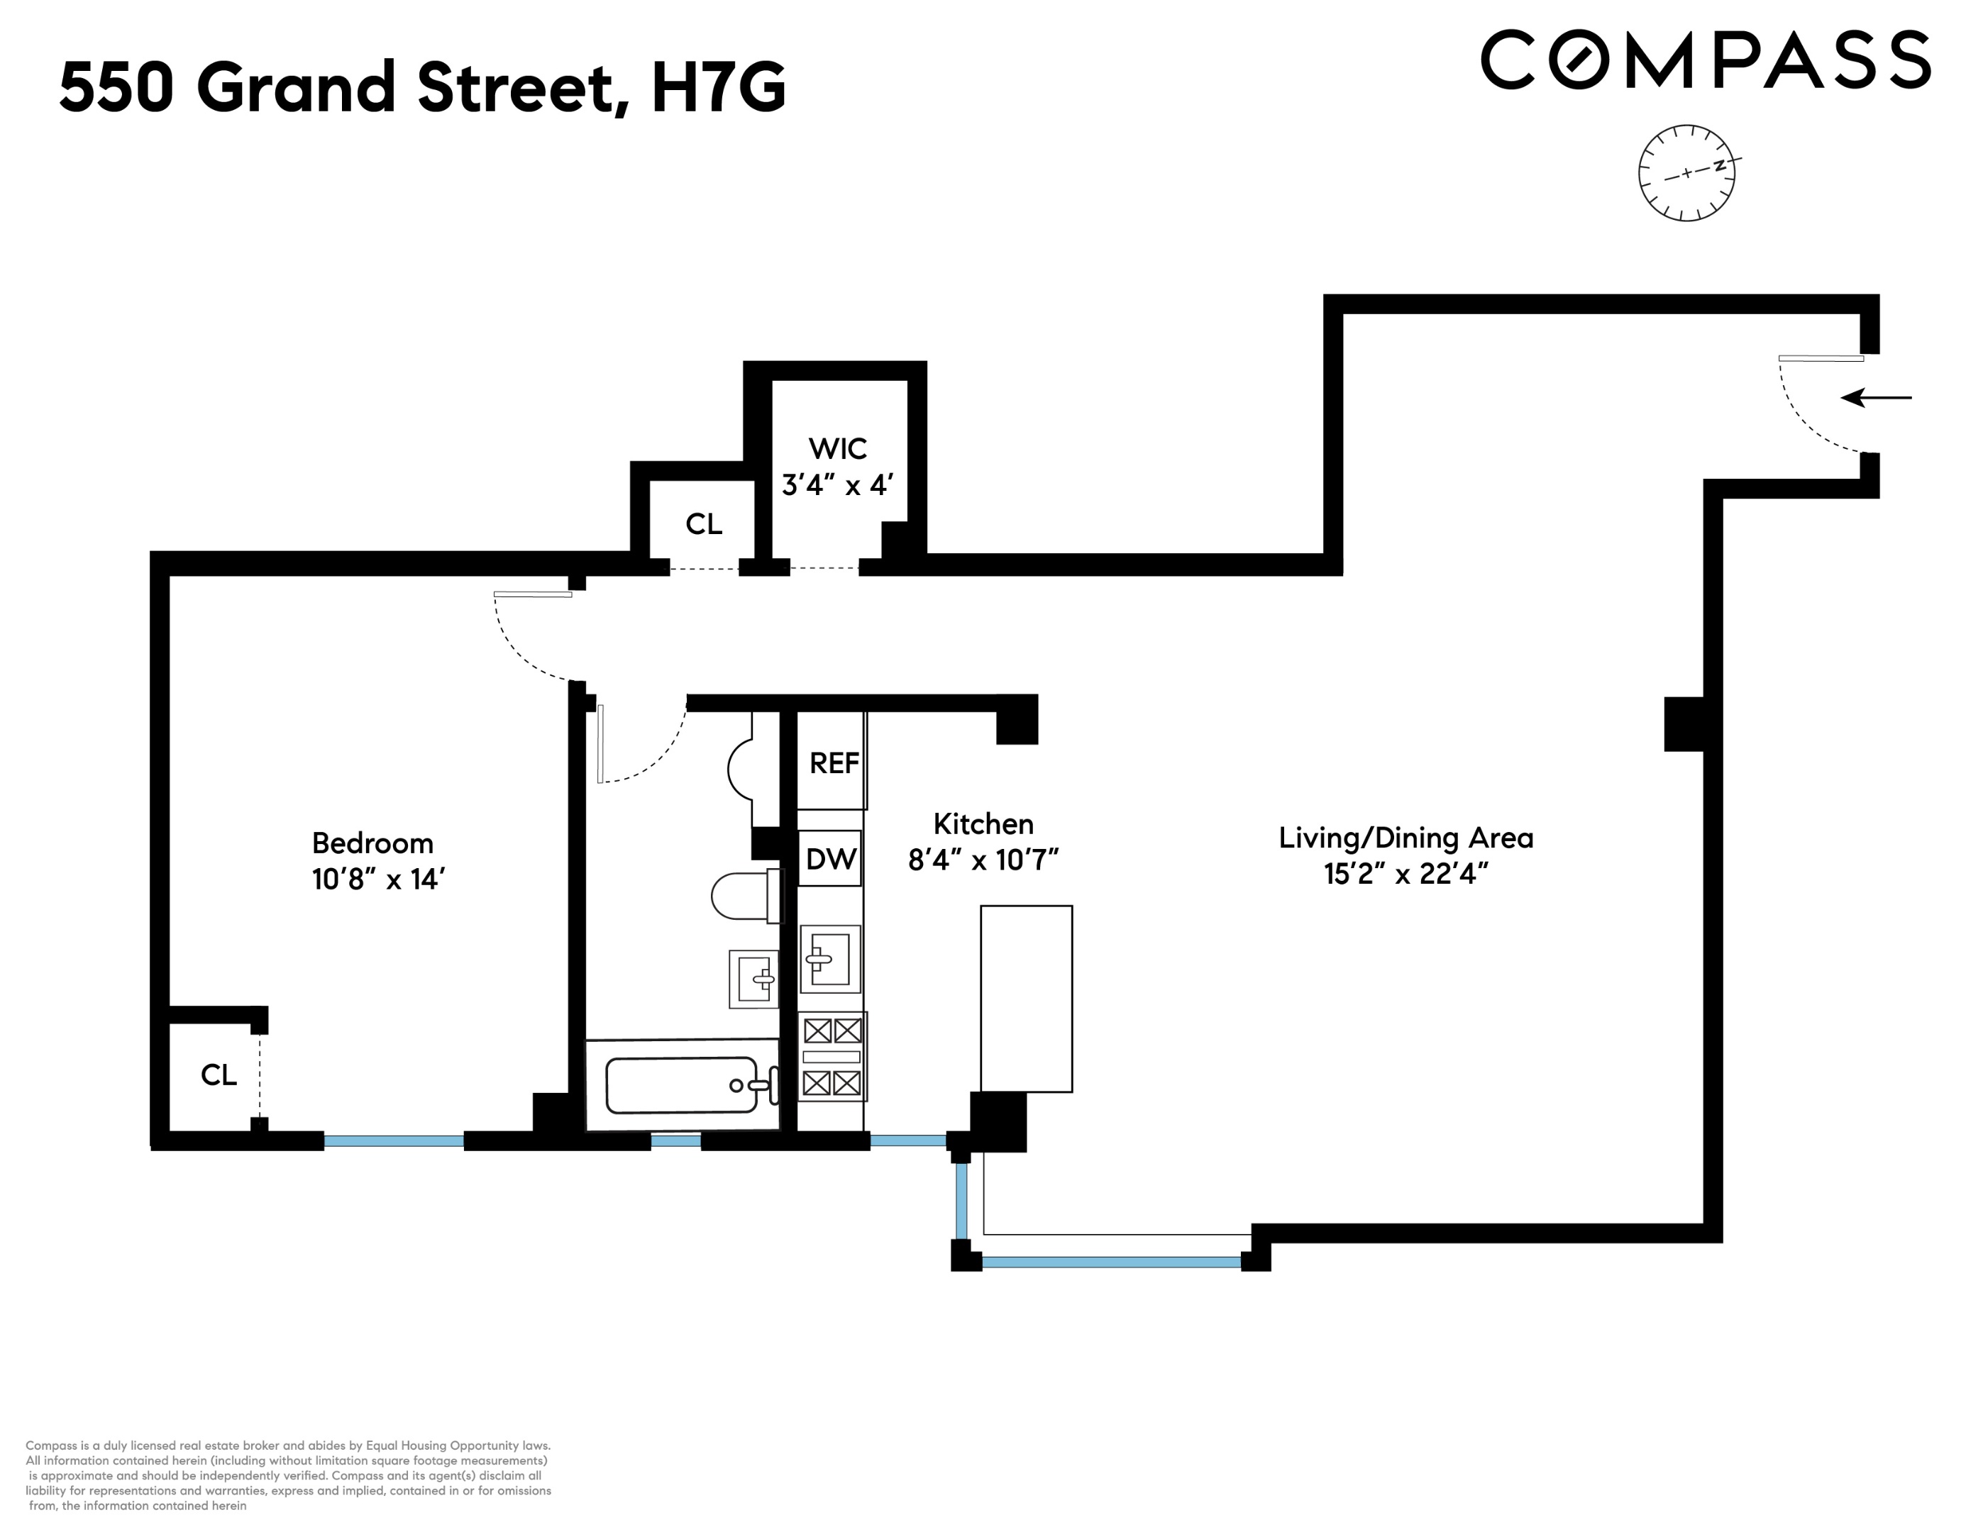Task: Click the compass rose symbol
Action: pyautogui.click(x=1686, y=172)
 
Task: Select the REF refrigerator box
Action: pyautogui.click(x=832, y=762)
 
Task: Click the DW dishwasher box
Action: pyautogui.click(x=830, y=857)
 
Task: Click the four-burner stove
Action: pyautogui.click(x=832, y=1056)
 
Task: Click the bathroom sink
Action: pyautogui.click(x=753, y=978)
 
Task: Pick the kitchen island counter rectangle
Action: pyautogui.click(x=1026, y=999)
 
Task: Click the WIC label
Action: pyautogui.click(x=837, y=448)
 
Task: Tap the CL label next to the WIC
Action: pyautogui.click(x=704, y=523)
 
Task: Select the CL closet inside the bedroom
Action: pyautogui.click(x=218, y=1075)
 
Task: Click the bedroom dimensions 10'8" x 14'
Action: pyautogui.click(x=377, y=879)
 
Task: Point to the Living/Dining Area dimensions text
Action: pyautogui.click(x=1405, y=874)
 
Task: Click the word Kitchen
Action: pyautogui.click(x=983, y=824)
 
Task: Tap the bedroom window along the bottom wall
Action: pyautogui.click(x=393, y=1140)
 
